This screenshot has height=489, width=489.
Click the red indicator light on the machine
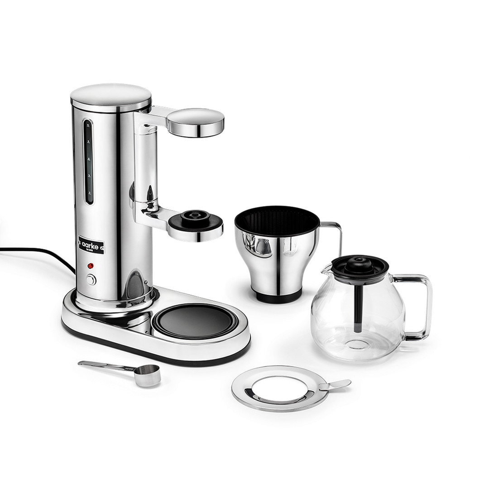91,266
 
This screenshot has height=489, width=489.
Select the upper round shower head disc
196,121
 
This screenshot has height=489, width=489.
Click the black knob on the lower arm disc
195,216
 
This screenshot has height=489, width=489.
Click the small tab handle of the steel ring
337,384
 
